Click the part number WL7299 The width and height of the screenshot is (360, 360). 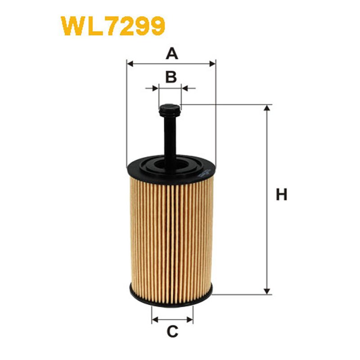coord(113,26)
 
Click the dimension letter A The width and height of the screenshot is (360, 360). coord(172,54)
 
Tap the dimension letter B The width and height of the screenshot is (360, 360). coord(171,77)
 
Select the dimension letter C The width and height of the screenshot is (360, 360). coord(172,332)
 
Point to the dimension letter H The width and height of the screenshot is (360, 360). coord(282,194)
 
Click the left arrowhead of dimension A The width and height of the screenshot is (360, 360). coord(130,63)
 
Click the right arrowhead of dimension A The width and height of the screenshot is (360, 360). coord(212,63)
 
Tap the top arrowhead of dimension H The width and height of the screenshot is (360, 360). coord(266,108)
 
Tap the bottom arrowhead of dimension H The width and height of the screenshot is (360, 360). coord(266,291)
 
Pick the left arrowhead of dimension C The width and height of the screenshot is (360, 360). coord(155,319)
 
